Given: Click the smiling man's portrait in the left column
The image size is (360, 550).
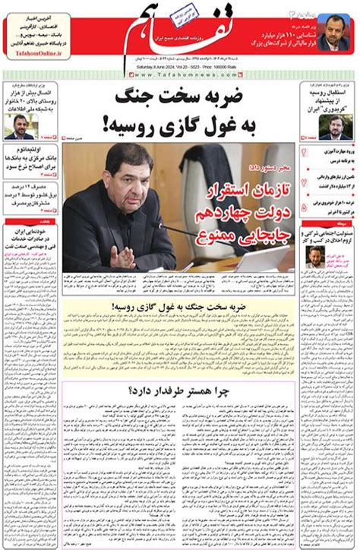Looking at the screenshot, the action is click(19, 125).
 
